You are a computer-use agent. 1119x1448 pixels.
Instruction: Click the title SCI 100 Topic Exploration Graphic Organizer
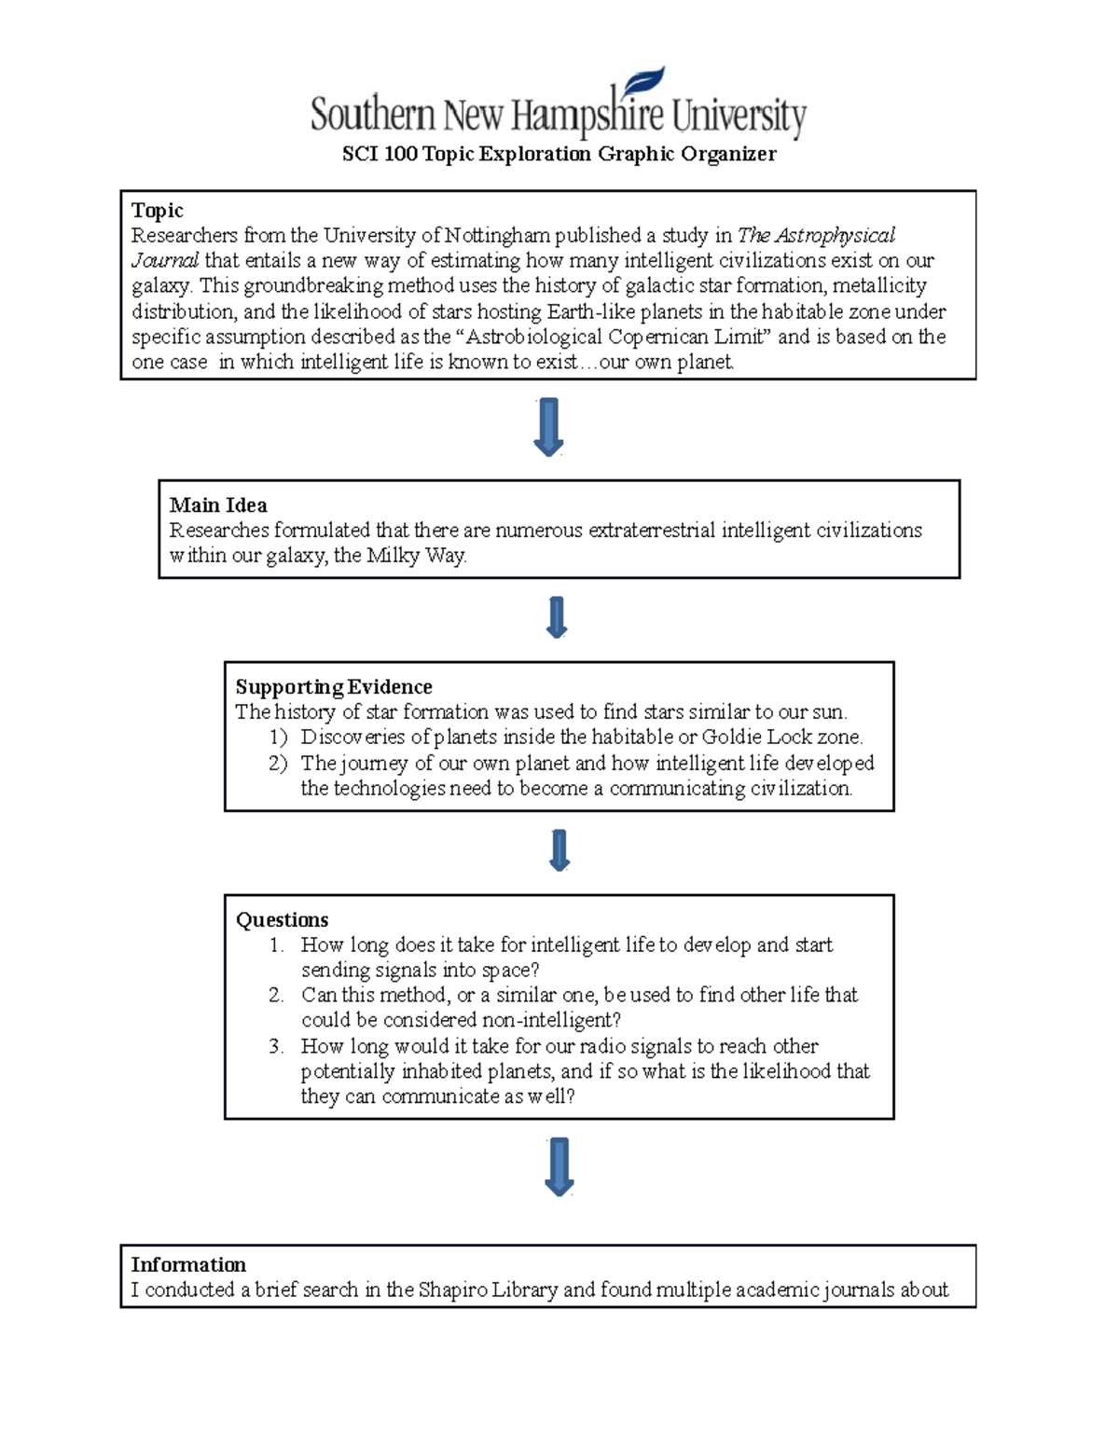(559, 154)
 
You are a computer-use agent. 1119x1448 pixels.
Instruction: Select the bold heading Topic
(157, 211)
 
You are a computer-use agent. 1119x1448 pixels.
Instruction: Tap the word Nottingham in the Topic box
(497, 235)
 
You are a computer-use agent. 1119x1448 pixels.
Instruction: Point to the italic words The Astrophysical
(816, 235)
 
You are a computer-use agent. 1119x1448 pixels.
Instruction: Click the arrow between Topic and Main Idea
(548, 427)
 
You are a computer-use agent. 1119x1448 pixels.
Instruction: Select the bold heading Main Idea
(218, 505)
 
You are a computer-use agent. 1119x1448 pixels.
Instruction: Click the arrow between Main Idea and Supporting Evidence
(557, 617)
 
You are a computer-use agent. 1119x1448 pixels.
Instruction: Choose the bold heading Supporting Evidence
(334, 687)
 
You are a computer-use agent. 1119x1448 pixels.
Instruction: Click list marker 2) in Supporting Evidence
(278, 763)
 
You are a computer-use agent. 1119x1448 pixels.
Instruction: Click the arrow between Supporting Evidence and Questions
(559, 850)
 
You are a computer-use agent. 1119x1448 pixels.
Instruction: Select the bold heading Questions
(282, 920)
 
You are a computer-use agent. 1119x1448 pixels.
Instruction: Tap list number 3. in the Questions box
(276, 1046)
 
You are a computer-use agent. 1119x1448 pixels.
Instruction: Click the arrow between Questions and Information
(559, 1166)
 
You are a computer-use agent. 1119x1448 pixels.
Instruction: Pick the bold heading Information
(188, 1265)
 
